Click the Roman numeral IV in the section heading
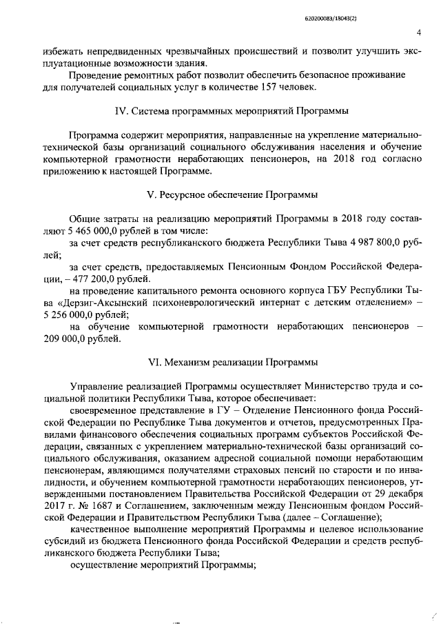tap(117, 110)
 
